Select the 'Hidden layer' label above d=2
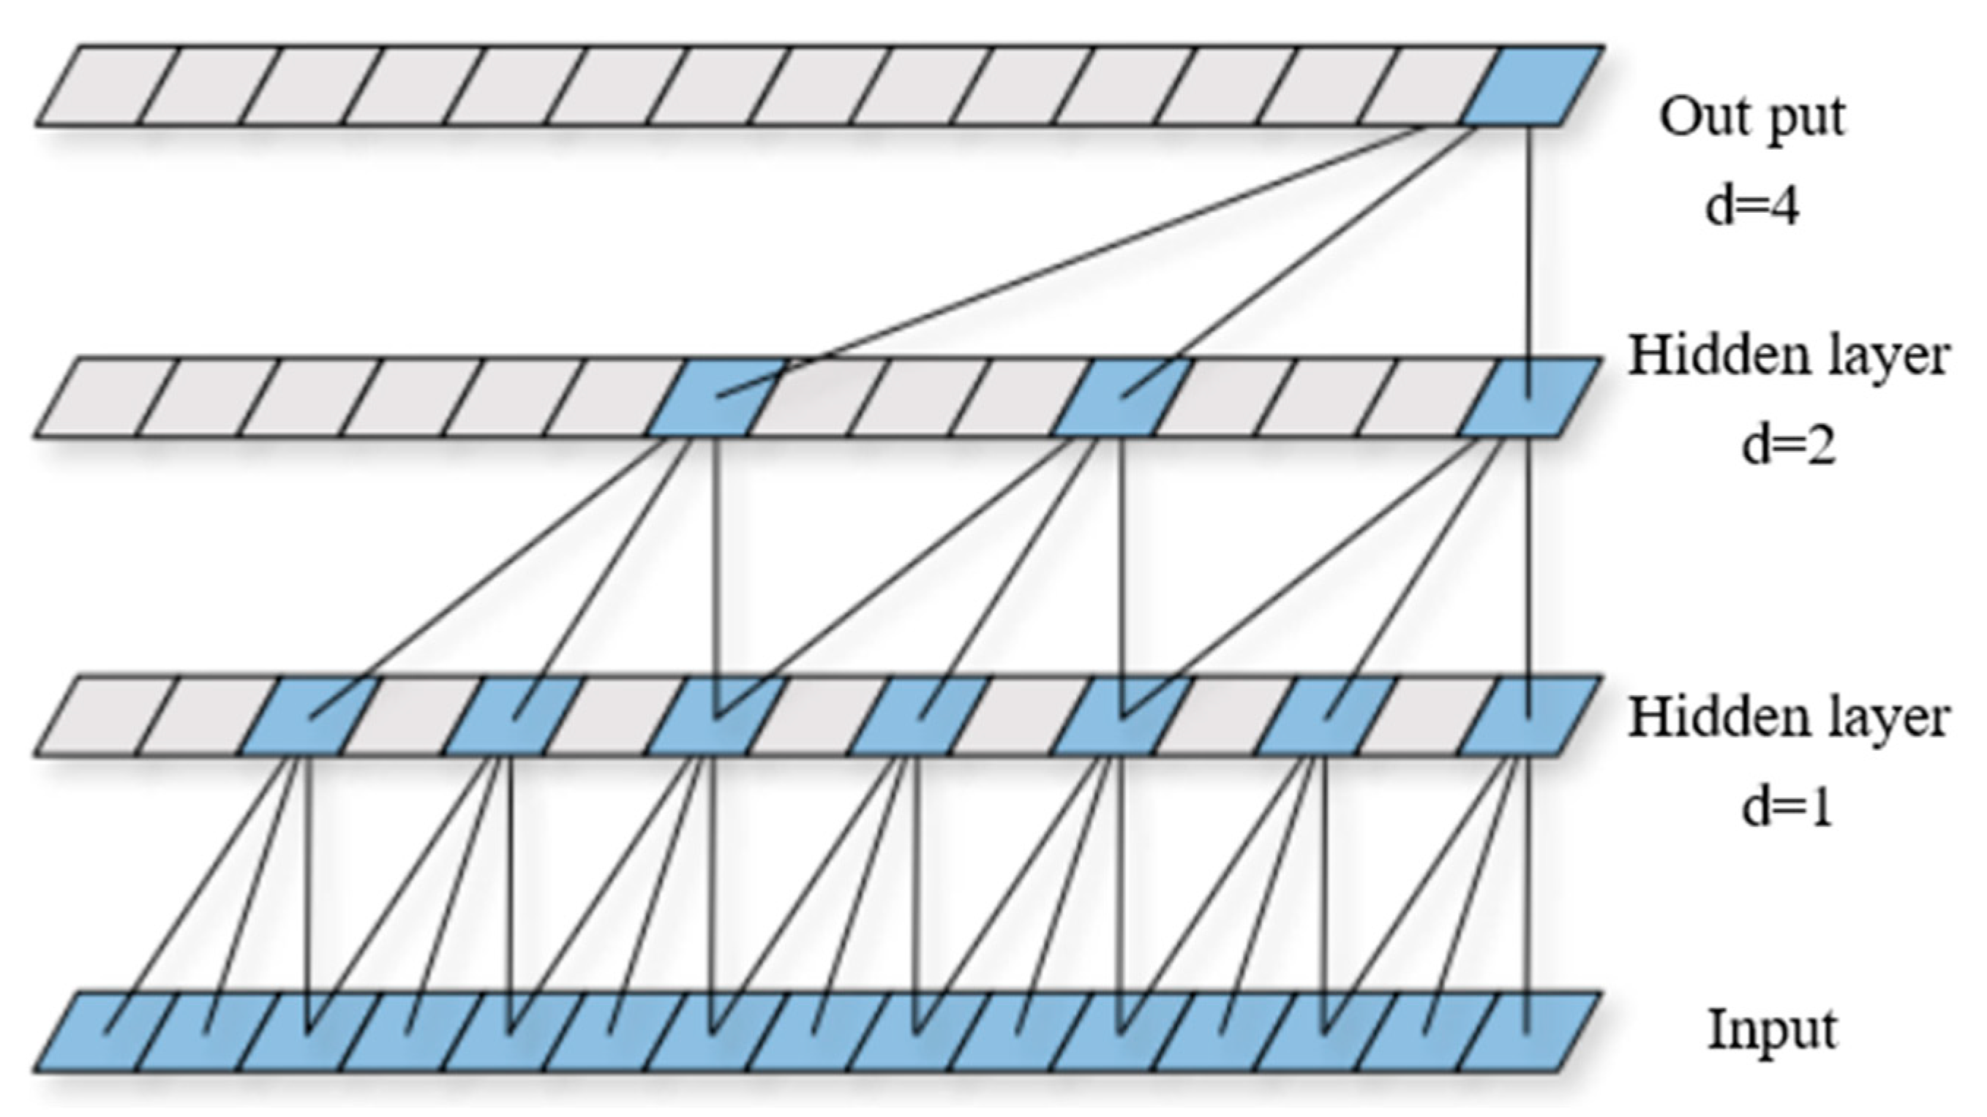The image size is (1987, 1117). pos(1788,357)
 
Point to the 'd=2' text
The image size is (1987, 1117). pos(1788,446)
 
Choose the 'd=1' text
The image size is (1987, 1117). pos(1788,808)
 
